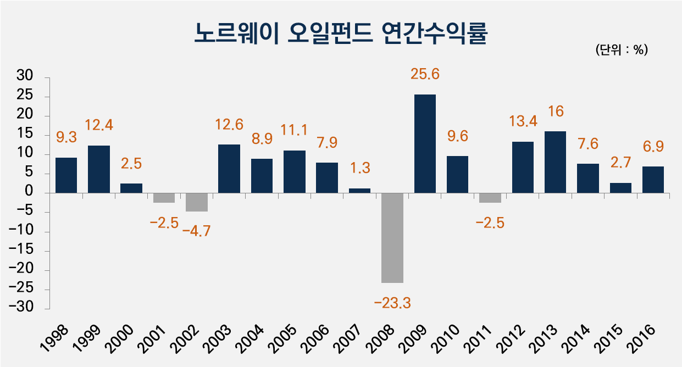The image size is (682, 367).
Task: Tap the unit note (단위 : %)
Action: [x=622, y=50]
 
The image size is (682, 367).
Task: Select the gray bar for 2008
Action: [x=392, y=237]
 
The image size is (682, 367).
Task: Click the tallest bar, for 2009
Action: [x=425, y=144]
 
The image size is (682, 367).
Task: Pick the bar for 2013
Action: [x=555, y=162]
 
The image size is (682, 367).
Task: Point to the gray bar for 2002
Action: [x=197, y=202]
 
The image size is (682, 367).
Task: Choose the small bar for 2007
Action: [x=359, y=191]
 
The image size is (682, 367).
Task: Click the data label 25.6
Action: [x=425, y=74]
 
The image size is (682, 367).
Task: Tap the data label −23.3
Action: [x=392, y=302]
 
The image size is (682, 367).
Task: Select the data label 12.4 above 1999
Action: [x=99, y=126]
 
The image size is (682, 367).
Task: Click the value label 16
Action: [x=556, y=112]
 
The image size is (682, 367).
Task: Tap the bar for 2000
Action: [x=131, y=188]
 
